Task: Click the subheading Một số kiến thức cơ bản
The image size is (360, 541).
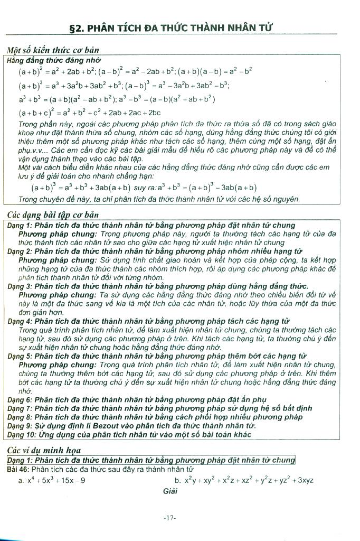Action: (x=53, y=50)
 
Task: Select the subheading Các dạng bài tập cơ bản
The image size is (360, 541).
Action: (x=53, y=215)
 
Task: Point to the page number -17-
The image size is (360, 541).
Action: (x=169, y=518)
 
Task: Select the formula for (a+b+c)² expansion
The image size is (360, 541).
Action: (x=90, y=113)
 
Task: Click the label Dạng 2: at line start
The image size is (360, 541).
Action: (x=20, y=251)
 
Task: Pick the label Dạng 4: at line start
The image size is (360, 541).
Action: (x=20, y=321)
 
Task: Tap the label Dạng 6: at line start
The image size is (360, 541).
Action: (x=20, y=399)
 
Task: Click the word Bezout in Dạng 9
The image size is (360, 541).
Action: (x=115, y=426)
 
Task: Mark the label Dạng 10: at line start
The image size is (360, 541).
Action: (x=22, y=435)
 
